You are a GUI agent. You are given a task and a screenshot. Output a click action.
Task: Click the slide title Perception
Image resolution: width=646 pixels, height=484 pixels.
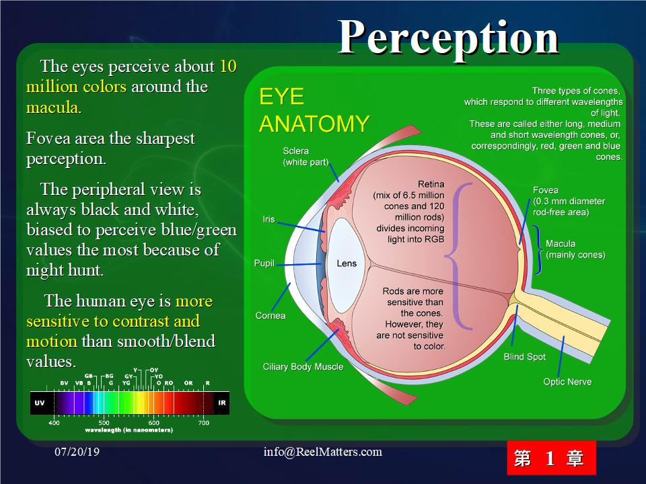coord(448,39)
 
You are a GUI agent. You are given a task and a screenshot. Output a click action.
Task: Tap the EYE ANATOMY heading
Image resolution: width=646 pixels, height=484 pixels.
coord(314,110)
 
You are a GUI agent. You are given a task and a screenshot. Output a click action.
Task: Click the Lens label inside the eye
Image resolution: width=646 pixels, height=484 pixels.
coord(347,264)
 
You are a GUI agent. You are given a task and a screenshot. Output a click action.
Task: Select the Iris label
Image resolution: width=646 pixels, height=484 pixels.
coord(268,219)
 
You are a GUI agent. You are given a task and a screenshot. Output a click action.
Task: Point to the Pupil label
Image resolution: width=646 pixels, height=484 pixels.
coord(264,263)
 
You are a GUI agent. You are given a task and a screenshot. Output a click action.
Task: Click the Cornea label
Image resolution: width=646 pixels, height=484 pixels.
coord(271,316)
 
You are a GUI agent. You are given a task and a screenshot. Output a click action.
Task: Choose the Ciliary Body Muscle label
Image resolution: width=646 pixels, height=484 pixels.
coord(303,367)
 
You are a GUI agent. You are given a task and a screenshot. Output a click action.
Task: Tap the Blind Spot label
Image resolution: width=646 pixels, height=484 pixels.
coord(524,357)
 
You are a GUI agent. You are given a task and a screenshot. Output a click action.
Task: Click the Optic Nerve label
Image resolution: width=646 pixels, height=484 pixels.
coord(567,382)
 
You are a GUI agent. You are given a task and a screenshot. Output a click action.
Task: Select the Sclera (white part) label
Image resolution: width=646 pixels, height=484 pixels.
coord(306,157)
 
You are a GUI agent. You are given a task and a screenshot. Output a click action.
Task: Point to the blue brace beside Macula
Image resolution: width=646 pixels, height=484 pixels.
coord(538,250)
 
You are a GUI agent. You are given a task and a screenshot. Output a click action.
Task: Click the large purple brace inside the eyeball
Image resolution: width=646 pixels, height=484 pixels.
coord(456,256)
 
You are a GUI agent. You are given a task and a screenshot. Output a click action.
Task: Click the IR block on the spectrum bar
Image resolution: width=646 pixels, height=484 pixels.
coord(221,403)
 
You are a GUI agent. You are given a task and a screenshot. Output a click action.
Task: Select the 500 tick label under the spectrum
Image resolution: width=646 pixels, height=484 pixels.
coord(104,423)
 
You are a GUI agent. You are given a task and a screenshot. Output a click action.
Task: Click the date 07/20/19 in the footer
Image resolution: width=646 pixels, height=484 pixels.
coord(77,452)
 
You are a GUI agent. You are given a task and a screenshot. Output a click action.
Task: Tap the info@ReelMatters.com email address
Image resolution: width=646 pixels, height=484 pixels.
coord(322,452)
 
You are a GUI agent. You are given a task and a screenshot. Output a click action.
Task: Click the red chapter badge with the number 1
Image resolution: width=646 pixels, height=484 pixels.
coord(551,458)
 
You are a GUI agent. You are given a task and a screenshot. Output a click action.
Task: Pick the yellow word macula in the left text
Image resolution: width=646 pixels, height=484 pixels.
coord(52,108)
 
